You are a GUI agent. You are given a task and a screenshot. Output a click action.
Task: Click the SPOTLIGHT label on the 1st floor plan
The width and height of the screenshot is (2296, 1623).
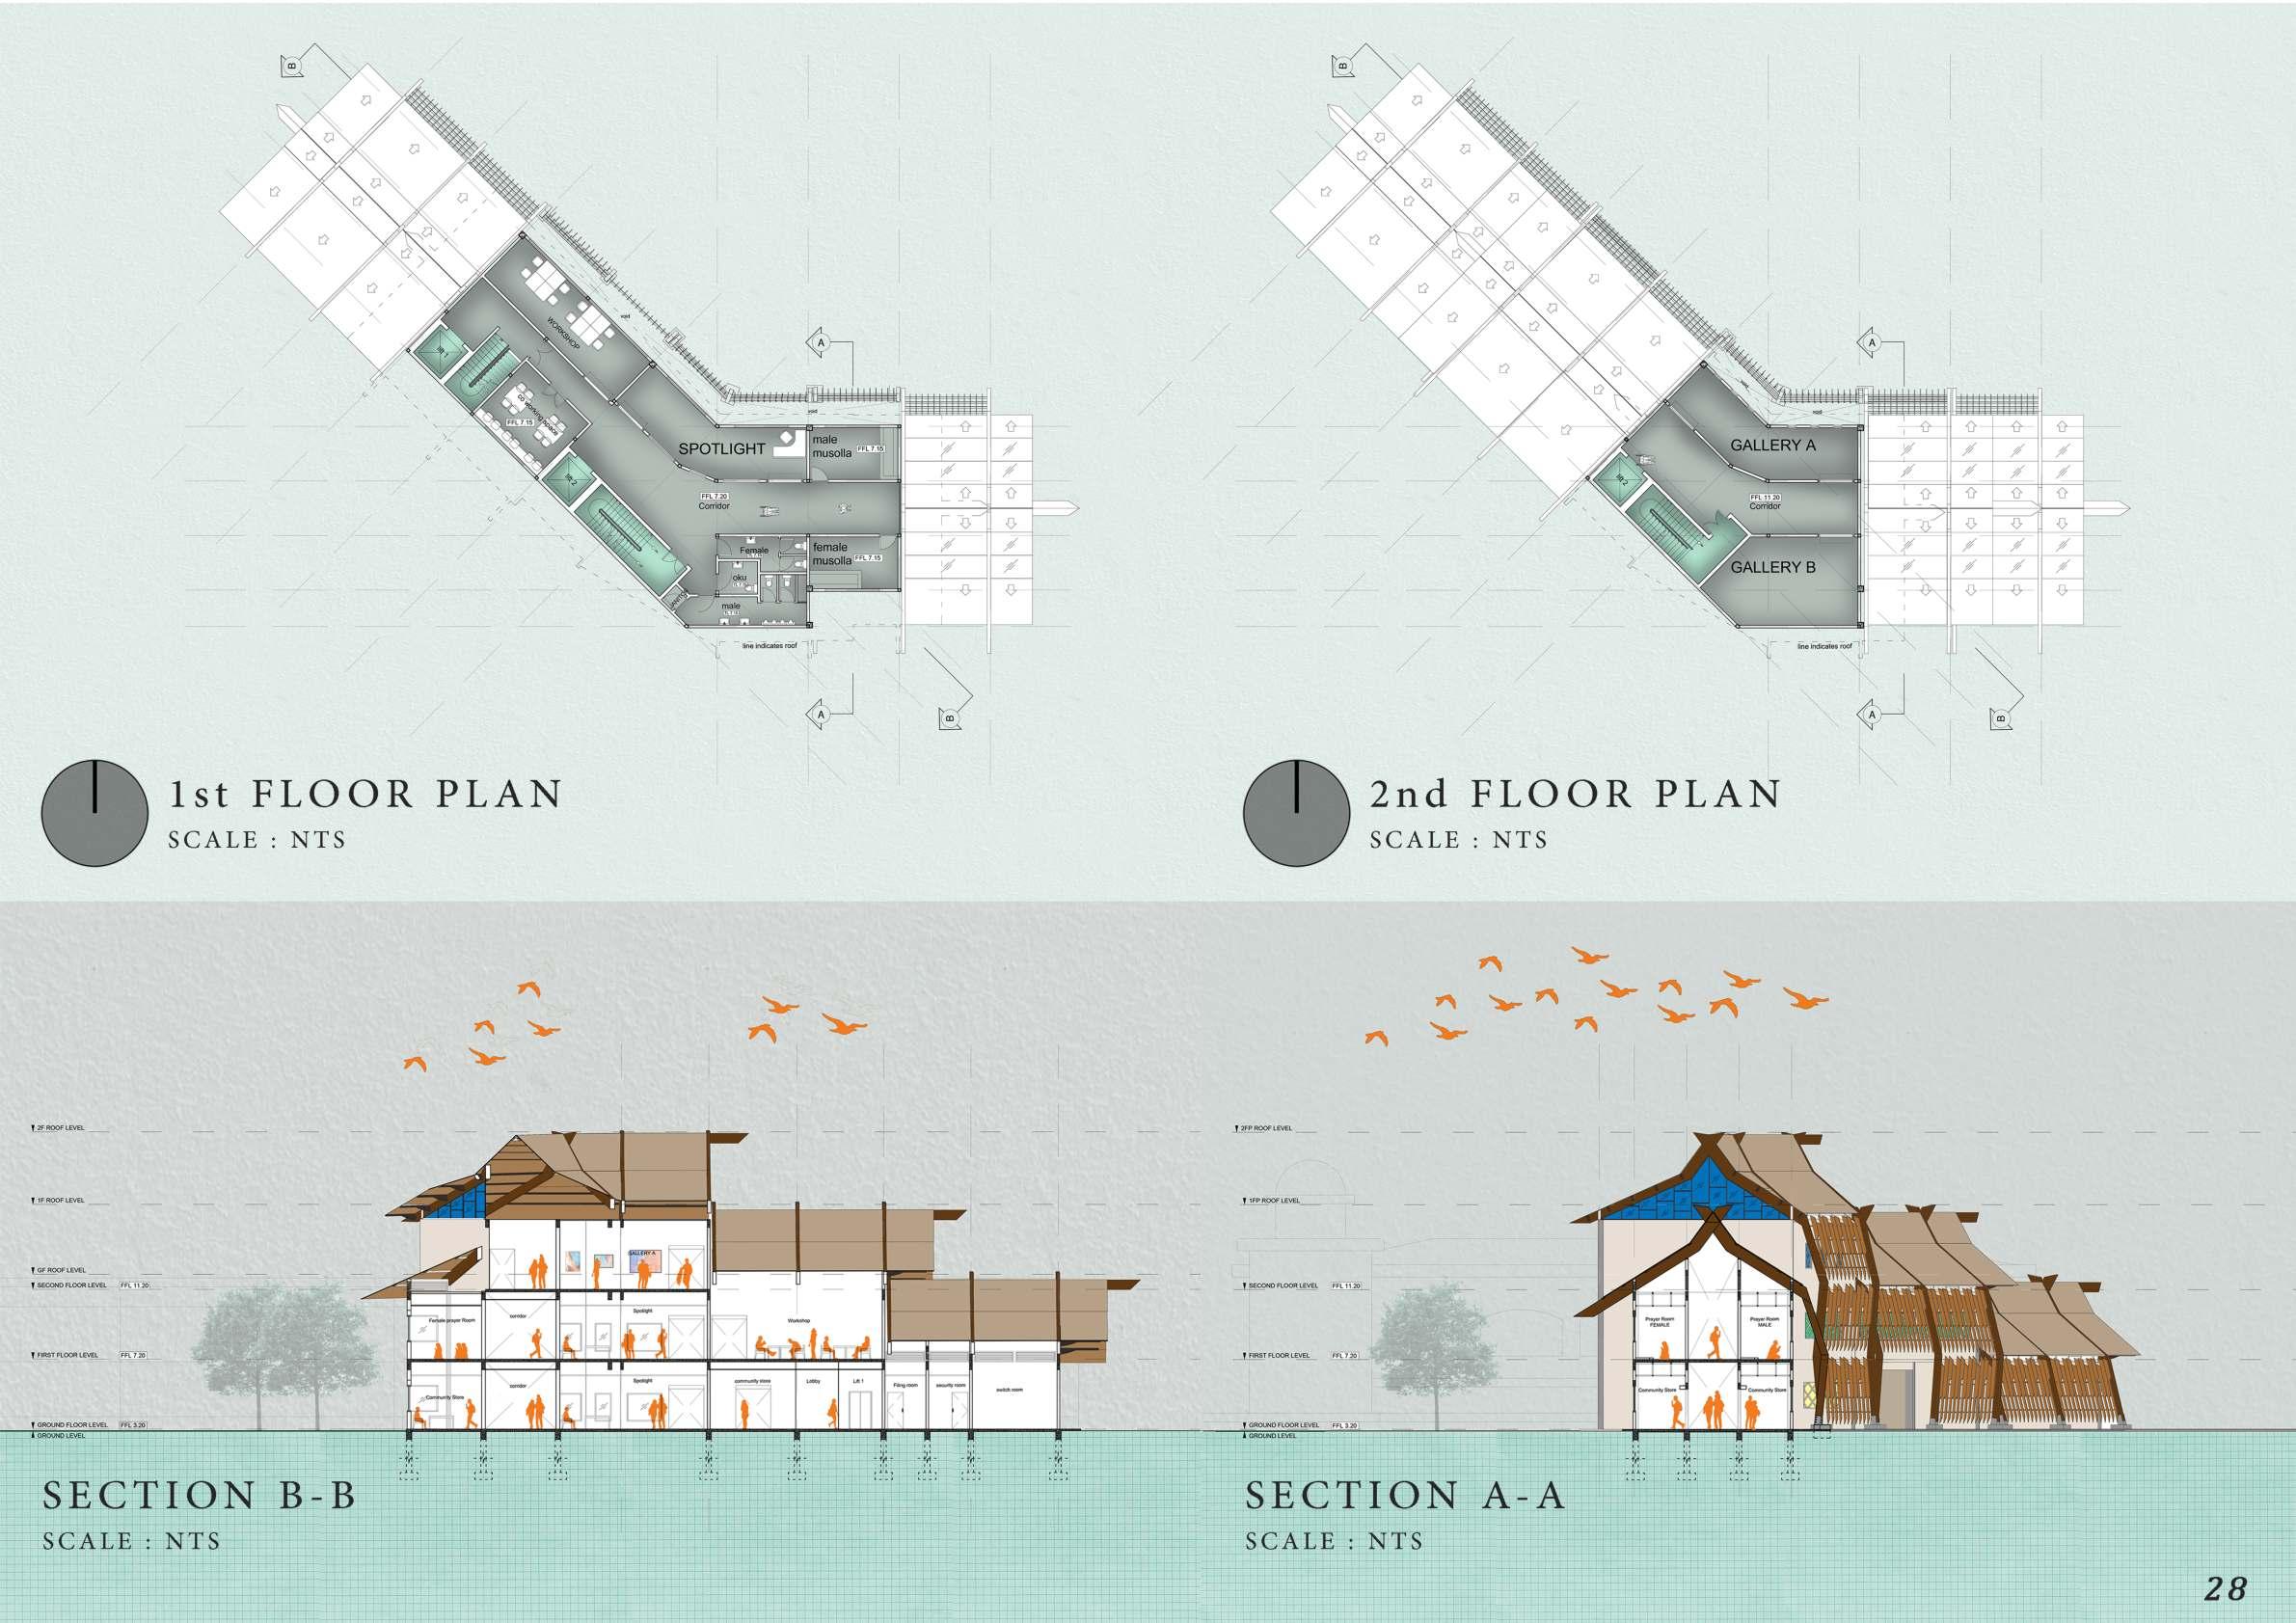coord(721,449)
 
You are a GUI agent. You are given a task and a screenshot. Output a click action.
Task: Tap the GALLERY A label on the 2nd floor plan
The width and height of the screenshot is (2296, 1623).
coord(1773,445)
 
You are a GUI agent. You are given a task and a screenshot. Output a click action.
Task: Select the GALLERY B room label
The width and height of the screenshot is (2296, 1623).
coord(1773,567)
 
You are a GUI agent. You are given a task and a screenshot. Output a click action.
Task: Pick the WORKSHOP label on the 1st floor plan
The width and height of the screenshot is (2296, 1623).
coord(563,333)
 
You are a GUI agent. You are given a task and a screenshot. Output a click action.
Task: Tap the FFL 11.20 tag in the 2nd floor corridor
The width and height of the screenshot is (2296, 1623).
coord(1764,497)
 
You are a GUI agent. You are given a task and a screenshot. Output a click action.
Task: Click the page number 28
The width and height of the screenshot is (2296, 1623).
coord(2225,1587)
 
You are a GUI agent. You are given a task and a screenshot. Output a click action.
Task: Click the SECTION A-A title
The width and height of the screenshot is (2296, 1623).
coord(1404,1495)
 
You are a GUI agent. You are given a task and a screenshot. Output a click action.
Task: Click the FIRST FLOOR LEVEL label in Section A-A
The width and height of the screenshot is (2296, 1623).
coord(1281,1356)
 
